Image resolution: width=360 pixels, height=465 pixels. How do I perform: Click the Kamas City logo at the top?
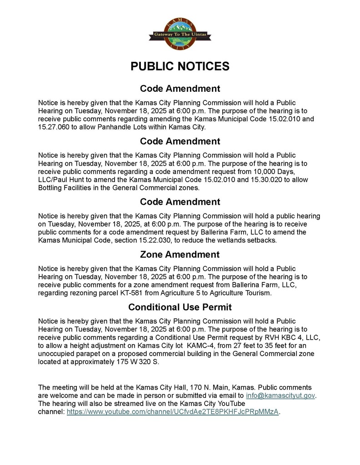tap(180, 35)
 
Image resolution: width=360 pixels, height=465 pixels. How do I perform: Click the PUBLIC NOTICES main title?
tap(180, 66)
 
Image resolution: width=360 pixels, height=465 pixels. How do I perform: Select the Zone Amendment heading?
tap(180, 254)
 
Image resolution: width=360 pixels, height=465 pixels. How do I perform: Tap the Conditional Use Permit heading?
tap(180, 307)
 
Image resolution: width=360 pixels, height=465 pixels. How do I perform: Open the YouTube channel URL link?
tap(173, 412)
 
